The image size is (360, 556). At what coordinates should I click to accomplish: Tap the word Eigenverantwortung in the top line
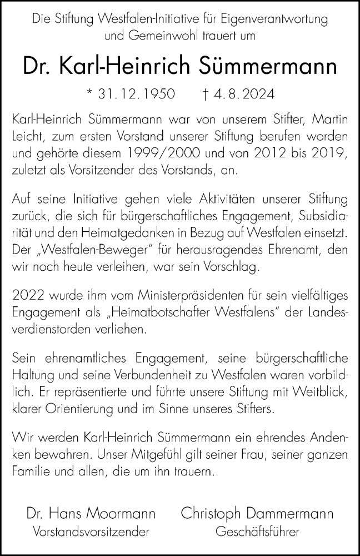(x=279, y=18)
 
